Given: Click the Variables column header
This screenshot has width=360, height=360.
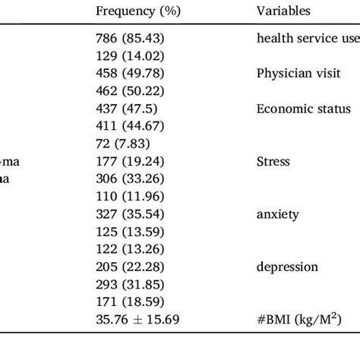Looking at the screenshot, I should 283,11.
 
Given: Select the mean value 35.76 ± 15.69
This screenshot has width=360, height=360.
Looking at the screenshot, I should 137,320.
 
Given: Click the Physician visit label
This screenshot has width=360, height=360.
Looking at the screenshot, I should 298,74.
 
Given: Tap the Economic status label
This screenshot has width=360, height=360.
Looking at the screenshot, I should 304,109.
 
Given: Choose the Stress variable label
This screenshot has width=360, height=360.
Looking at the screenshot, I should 273,161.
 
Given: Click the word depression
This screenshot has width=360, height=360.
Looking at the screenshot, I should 287,267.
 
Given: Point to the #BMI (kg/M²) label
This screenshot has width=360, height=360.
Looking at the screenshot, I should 297,319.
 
